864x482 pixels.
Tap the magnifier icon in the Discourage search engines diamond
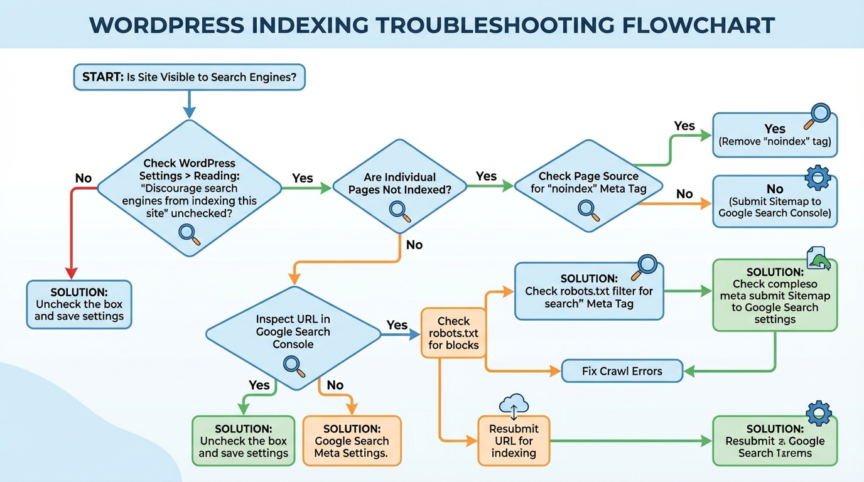pyautogui.click(x=189, y=234)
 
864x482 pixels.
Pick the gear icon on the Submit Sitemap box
pyautogui.click(x=817, y=178)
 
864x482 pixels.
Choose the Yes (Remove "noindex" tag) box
pyautogui.click(x=775, y=136)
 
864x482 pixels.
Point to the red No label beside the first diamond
pyautogui.click(x=83, y=178)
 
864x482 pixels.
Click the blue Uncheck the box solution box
pyautogui.click(x=79, y=304)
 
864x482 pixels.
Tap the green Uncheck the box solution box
pyautogui.click(x=244, y=441)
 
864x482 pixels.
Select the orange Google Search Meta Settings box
pyautogui.click(x=352, y=441)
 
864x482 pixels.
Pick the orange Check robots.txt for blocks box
pyautogui.click(x=453, y=333)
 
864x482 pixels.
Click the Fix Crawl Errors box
pyautogui.click(x=622, y=371)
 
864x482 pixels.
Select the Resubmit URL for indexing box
pyautogui.click(x=514, y=441)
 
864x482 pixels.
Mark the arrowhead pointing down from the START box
pyautogui.click(x=189, y=112)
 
